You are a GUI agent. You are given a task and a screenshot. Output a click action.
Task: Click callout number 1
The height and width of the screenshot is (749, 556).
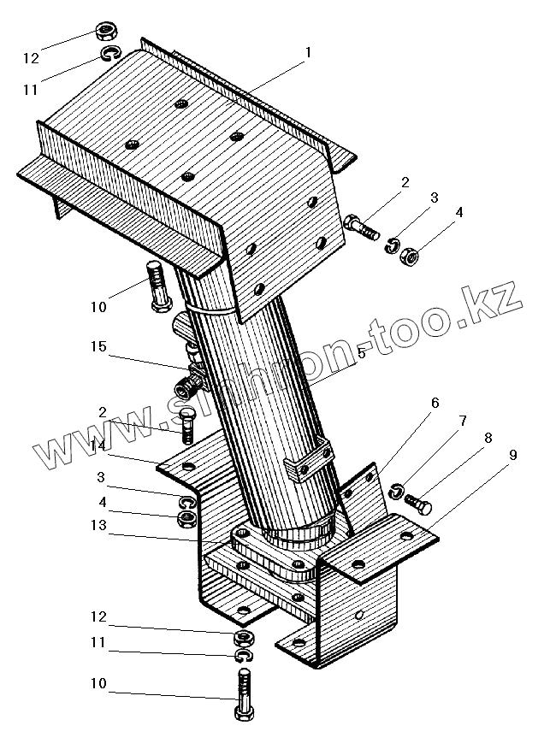pos(307,53)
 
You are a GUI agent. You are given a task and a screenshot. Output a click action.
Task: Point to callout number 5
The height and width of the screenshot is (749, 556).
pos(362,353)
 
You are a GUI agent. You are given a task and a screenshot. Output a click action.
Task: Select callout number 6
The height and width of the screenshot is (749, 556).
pos(435,403)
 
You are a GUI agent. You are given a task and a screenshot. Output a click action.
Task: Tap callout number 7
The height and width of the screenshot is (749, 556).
pos(463,422)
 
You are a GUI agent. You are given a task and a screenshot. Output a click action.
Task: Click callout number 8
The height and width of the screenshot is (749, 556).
pos(488,439)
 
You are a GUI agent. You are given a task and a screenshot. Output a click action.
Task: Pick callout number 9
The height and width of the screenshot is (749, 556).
pos(513,456)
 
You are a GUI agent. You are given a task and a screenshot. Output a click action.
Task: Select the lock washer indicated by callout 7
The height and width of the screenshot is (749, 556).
pos(396,491)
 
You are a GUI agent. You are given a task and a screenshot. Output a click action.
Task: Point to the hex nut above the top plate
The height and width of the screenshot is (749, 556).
pos(107,33)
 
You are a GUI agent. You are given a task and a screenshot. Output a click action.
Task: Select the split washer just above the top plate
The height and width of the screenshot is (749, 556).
pos(109,56)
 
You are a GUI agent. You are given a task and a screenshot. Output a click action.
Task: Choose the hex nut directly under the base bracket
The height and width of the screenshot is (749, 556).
pos(242,637)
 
